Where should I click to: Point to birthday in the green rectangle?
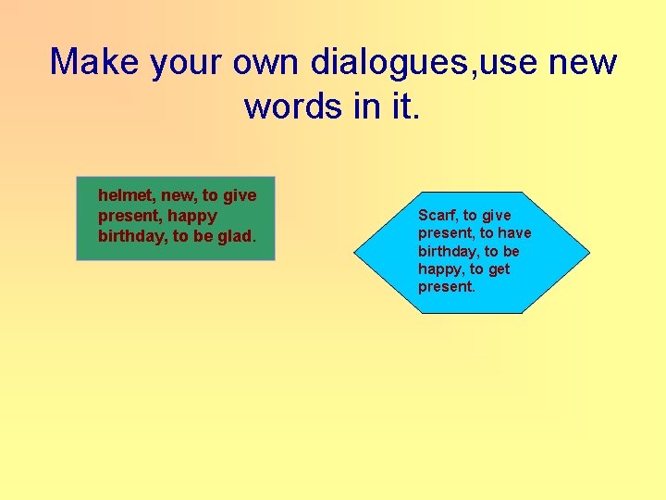[x=132, y=236]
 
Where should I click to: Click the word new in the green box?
[x=180, y=195]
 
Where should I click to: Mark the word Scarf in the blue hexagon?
[x=438, y=216]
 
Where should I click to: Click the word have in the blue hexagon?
[x=513, y=233]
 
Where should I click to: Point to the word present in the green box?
[x=126, y=216]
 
